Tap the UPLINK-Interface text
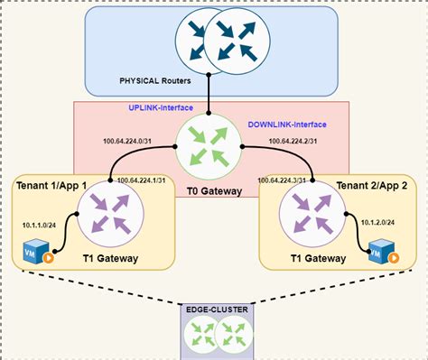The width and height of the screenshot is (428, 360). point(163,109)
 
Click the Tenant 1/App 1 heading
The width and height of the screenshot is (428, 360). point(51,185)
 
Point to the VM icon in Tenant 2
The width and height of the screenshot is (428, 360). point(381,251)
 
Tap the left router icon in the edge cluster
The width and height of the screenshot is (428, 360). point(198,336)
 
